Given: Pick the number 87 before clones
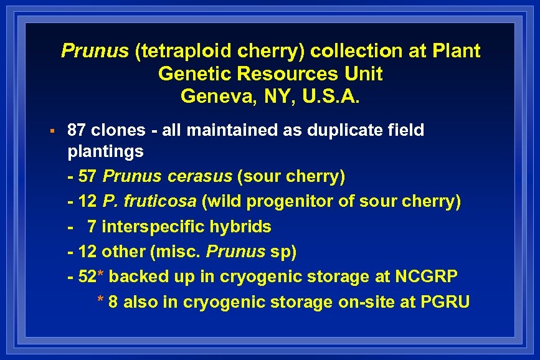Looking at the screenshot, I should [76, 130].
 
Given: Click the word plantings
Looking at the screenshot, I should [105, 151].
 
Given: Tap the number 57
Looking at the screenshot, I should [87, 176].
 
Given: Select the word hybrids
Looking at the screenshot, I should [240, 227].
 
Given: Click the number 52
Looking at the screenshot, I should [87, 277].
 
